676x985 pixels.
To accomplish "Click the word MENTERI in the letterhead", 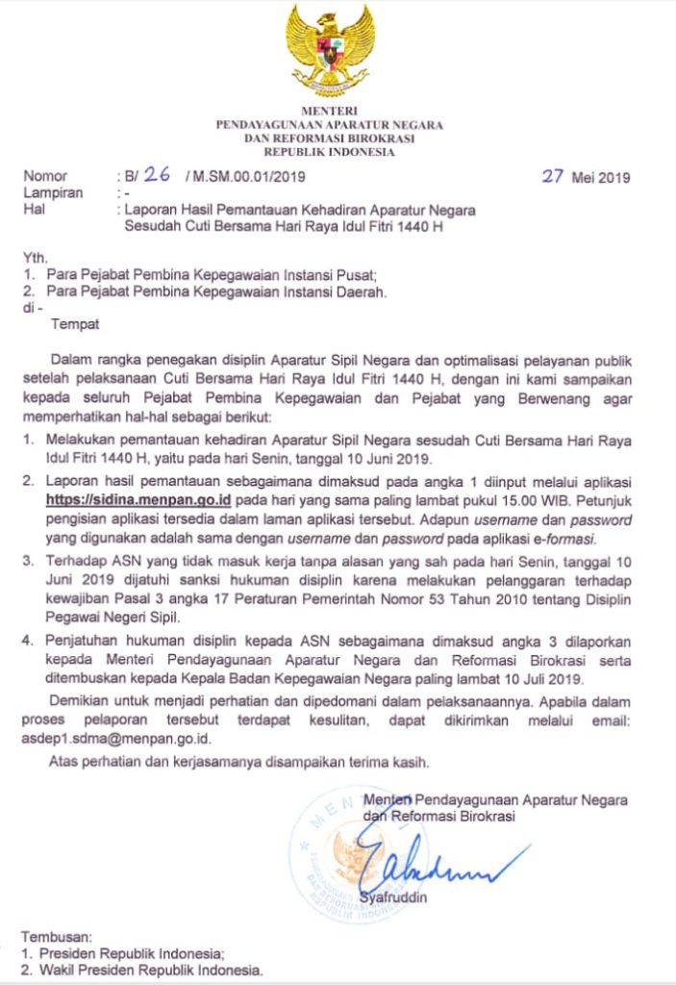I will [329, 113].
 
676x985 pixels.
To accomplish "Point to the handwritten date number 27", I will [552, 176].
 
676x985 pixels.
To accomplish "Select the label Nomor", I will [45, 177].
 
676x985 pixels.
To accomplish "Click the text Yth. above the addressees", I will [35, 257].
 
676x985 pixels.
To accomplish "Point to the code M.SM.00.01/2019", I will [245, 177].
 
